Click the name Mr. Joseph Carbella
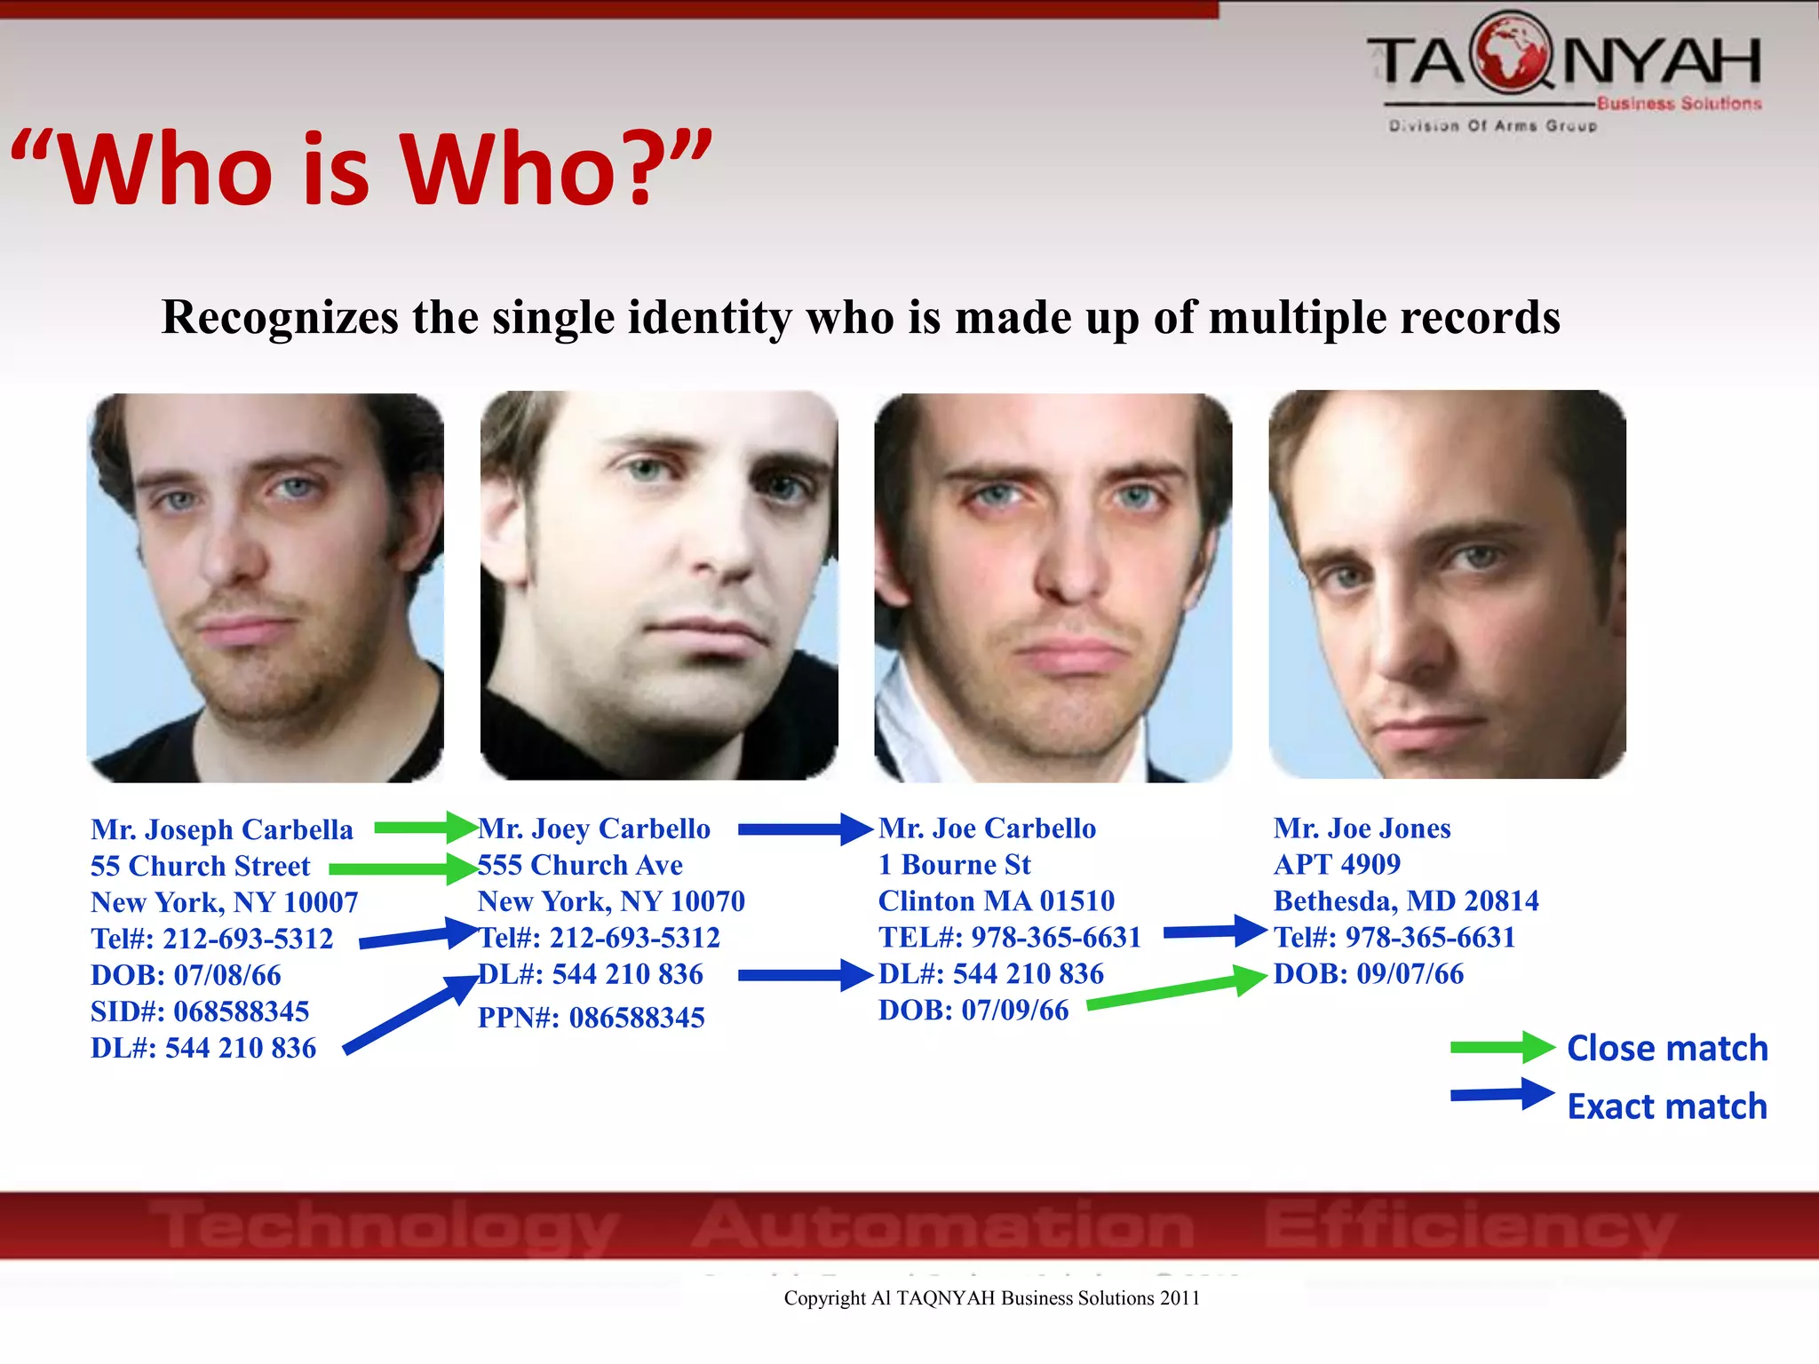(222, 829)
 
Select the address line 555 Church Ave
(580, 865)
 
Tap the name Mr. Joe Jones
(1362, 829)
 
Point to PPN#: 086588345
(591, 1018)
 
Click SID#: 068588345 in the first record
(200, 1011)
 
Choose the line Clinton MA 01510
(996, 901)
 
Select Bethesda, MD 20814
(1406, 901)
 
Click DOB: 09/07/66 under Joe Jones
(1368, 974)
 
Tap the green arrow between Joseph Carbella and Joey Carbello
(425, 828)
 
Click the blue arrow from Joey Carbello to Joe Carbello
(804, 829)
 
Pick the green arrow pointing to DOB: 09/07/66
(1176, 991)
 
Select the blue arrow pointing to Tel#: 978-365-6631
(1213, 932)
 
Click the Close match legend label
(1667, 1049)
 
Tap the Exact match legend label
(1667, 1107)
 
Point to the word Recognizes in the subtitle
(280, 317)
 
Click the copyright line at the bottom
(991, 1298)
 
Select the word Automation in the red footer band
(942, 1225)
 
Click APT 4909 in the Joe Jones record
(1337, 864)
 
